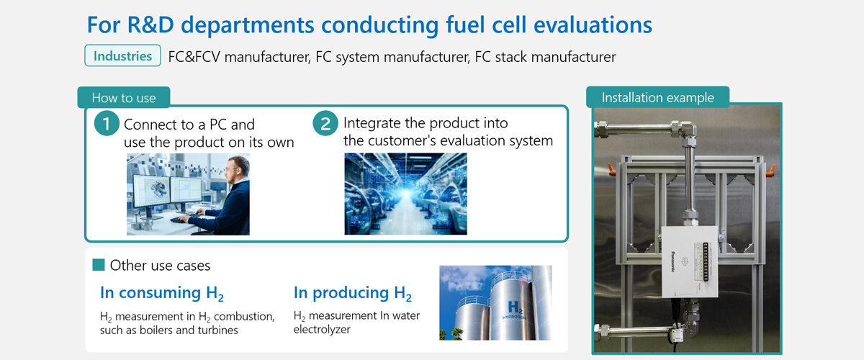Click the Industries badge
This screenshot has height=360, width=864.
coord(122,55)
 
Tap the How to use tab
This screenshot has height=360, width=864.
coord(124,97)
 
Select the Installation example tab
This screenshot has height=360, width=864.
coord(657,97)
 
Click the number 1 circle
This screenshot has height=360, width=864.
coord(107,123)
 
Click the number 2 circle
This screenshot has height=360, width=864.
coord(325,123)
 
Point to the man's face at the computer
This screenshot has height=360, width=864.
coord(233,170)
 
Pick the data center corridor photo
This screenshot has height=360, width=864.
coord(406,194)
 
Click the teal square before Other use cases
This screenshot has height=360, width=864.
coord(99,265)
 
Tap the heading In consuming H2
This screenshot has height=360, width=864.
coord(161,293)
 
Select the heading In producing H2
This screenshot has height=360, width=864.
coord(353,293)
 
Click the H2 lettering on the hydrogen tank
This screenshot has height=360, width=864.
coord(516,307)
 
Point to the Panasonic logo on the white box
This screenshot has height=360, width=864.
coord(672,262)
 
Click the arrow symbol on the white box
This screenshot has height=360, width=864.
coord(685,262)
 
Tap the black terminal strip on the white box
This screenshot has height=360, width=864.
coord(706,261)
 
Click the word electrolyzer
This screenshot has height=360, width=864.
coord(322,330)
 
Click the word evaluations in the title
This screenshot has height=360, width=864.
coord(593,24)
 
